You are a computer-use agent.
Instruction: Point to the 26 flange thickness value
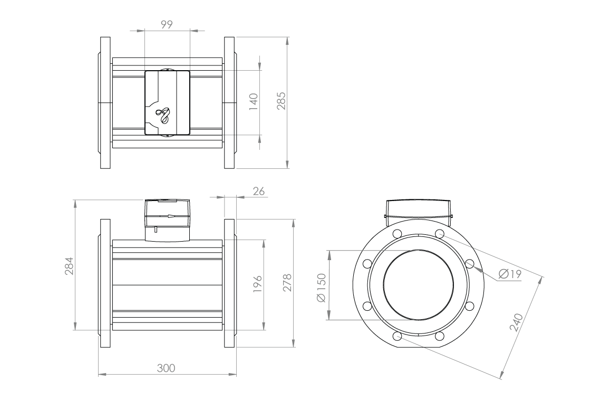point(258,191)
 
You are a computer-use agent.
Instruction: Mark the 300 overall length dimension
point(167,367)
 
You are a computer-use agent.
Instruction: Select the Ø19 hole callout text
point(509,274)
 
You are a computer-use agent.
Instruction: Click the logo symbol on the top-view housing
point(163,115)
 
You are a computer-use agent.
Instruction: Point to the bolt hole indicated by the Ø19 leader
point(470,264)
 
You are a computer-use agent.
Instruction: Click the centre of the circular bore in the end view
point(418,285)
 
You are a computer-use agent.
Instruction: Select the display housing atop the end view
point(419,209)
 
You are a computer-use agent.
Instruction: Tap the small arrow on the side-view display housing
point(170,216)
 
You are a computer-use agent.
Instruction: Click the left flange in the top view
point(104,103)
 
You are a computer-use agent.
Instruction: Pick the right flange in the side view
point(230,283)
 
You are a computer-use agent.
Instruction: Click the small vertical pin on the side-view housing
point(156,229)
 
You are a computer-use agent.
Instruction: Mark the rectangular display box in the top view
point(167,103)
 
